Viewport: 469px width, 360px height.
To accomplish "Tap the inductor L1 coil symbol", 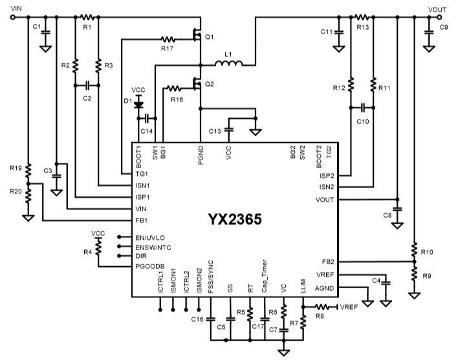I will [229, 64].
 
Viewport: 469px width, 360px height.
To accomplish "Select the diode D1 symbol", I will [137, 102].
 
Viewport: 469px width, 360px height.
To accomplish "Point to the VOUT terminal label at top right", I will [437, 7].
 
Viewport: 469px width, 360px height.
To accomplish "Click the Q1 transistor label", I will [209, 37].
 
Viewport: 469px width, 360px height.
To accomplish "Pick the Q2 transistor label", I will [209, 84].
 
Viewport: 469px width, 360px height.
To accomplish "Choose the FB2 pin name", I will [327, 262].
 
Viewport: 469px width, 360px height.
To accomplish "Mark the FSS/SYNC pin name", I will [210, 277].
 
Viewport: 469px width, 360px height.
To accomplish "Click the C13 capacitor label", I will [215, 131].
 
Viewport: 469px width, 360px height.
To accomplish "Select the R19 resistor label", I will [16, 169].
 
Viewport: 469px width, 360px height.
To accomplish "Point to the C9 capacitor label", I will [443, 27].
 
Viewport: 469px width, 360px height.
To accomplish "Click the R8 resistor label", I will [319, 316].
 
